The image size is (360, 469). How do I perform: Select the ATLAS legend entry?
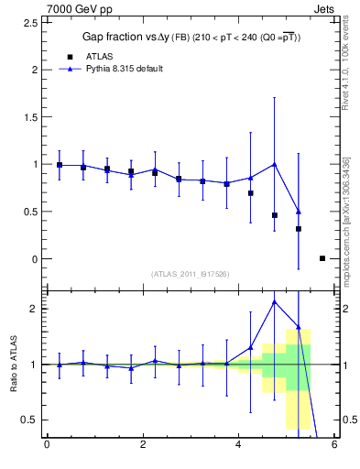pyautogui.click(x=87, y=56)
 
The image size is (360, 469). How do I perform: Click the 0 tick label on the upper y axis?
pyautogui.click(x=34, y=259)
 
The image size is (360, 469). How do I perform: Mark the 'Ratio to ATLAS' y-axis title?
pyautogui.click(x=14, y=364)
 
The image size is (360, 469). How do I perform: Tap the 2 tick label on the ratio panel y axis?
pyautogui.click(x=34, y=309)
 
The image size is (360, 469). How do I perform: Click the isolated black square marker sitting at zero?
pyautogui.click(x=322, y=258)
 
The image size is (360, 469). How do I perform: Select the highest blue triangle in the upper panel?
pyautogui.click(x=275, y=164)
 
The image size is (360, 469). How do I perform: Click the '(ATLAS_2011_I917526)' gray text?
pyautogui.click(x=190, y=274)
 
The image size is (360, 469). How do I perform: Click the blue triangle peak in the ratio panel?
pyautogui.click(x=275, y=301)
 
